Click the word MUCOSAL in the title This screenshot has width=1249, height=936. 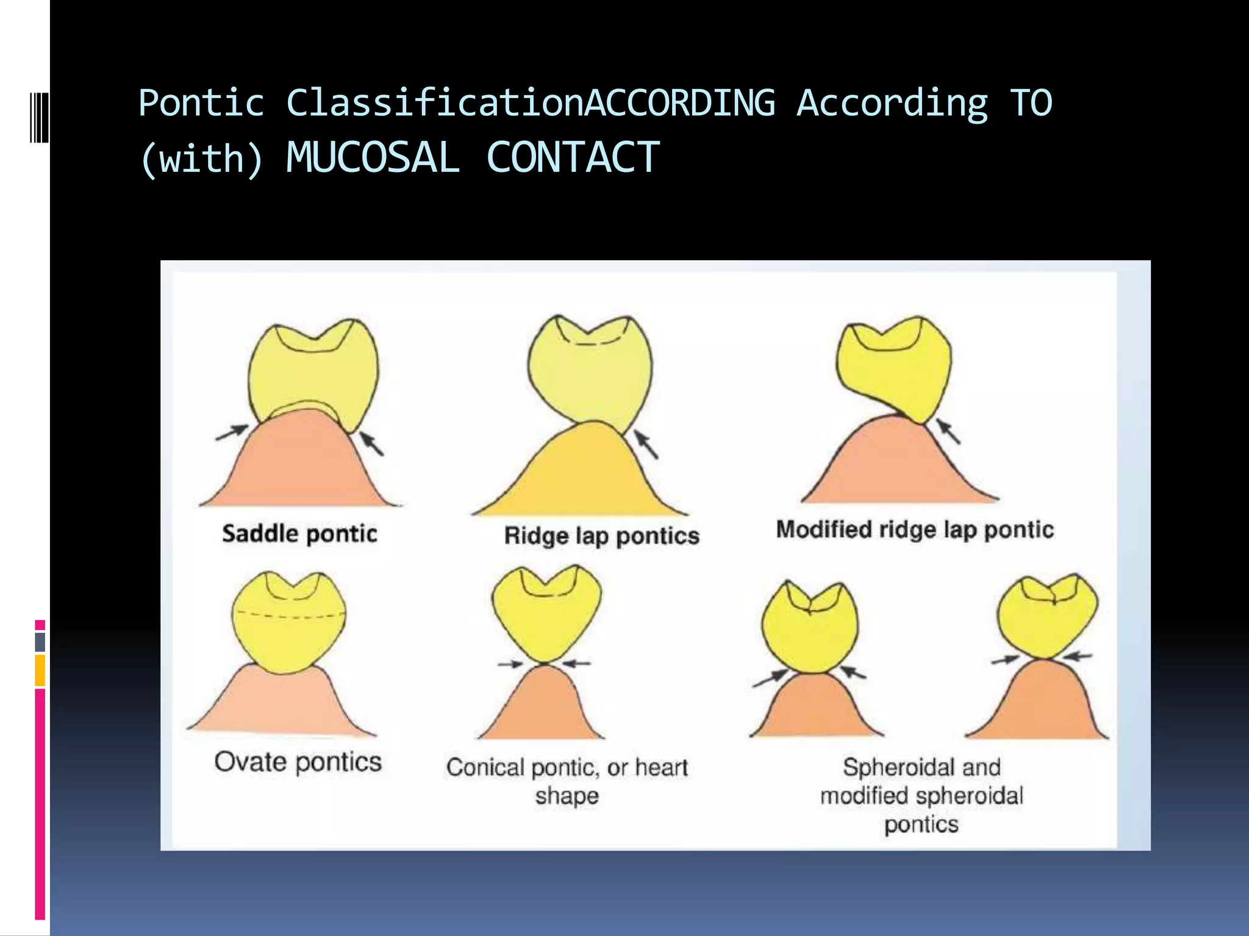click(373, 158)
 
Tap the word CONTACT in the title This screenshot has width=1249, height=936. click(573, 158)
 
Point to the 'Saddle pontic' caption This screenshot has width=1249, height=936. click(299, 534)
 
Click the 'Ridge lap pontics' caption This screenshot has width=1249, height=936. click(601, 536)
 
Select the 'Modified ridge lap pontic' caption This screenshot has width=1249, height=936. click(915, 530)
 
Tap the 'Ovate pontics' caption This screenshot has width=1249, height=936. click(298, 762)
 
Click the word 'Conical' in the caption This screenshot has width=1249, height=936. click(485, 767)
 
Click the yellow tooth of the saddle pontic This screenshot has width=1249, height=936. click(313, 372)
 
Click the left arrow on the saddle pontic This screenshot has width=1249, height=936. click(232, 433)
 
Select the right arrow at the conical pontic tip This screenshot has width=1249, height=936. click(576, 663)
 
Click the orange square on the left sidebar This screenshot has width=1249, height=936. click(40, 670)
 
